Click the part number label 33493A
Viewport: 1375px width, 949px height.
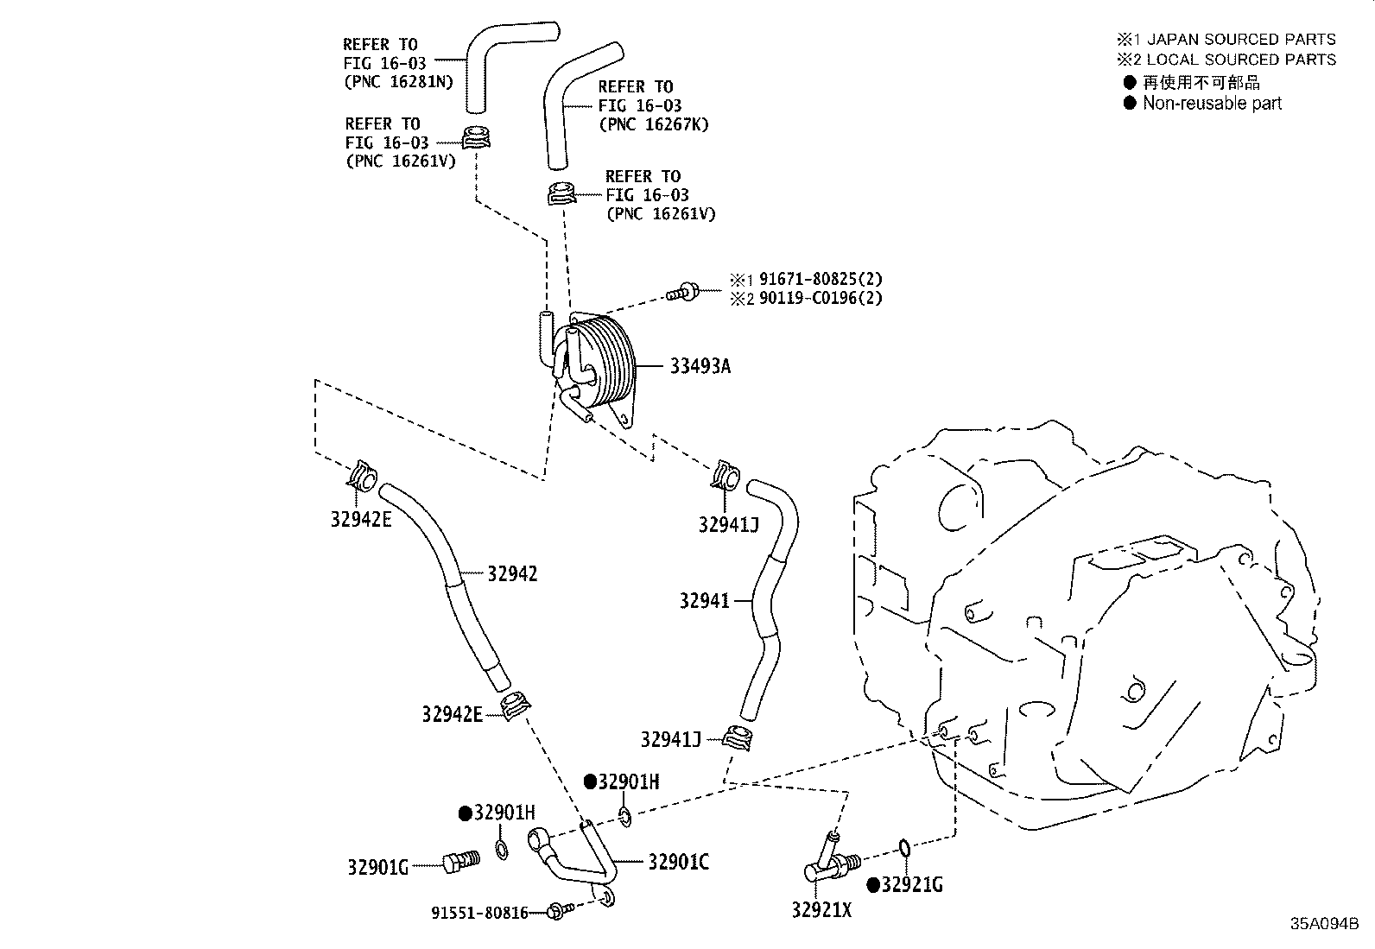pyautogui.click(x=700, y=366)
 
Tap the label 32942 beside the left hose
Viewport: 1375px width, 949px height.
pyautogui.click(x=512, y=573)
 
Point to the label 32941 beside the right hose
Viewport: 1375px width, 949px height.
pyautogui.click(x=704, y=600)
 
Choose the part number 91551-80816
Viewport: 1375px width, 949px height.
pyautogui.click(x=479, y=913)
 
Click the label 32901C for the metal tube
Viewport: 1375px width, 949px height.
pyautogui.click(x=679, y=862)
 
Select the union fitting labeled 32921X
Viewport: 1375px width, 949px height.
pyautogui.click(x=827, y=864)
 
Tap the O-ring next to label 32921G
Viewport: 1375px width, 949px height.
pyautogui.click(x=903, y=850)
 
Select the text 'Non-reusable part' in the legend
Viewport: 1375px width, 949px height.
pyautogui.click(x=1212, y=104)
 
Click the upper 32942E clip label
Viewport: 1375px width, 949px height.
pyautogui.click(x=361, y=519)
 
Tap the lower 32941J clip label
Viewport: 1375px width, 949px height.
pyautogui.click(x=670, y=739)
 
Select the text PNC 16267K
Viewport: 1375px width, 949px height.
pyautogui.click(x=653, y=124)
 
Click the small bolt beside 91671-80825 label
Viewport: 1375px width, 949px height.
pyautogui.click(x=683, y=291)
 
